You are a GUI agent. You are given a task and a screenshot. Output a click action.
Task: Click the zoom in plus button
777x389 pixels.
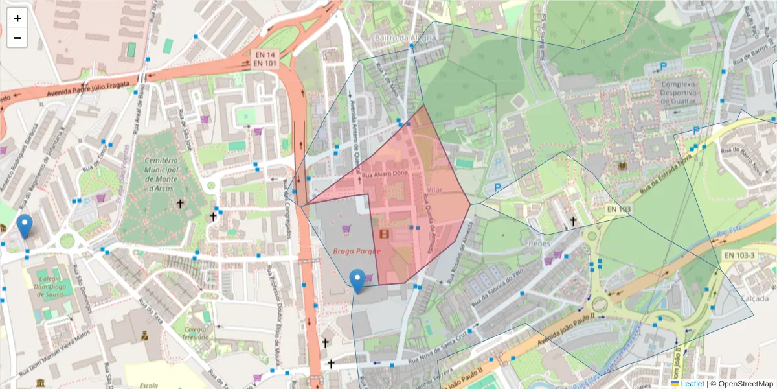[x=17, y=18]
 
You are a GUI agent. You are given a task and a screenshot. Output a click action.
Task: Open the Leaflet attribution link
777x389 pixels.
[x=692, y=383]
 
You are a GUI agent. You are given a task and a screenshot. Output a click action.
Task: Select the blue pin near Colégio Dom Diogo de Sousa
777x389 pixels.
[x=25, y=226]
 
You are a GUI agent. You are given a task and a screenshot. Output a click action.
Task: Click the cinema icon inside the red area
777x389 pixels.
[x=385, y=234]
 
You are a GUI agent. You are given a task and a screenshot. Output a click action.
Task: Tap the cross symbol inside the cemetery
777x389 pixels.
[x=179, y=204]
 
